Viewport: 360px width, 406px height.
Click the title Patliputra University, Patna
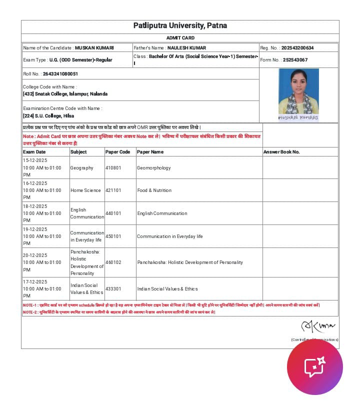(x=180, y=25)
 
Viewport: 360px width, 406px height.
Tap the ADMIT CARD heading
(x=180, y=38)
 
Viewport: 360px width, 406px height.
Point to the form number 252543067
(x=295, y=60)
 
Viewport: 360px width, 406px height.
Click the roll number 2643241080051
(x=60, y=74)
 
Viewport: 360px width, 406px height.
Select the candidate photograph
(x=298, y=94)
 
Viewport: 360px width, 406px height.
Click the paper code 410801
(x=113, y=168)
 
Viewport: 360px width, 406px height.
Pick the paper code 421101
(x=113, y=190)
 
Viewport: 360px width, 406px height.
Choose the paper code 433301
(x=113, y=289)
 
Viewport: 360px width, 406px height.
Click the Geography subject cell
(x=81, y=168)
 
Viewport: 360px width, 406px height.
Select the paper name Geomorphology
(x=154, y=168)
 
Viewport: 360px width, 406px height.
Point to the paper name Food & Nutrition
(x=154, y=190)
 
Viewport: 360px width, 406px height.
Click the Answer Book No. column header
(x=281, y=152)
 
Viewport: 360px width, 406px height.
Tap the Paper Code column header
(x=118, y=152)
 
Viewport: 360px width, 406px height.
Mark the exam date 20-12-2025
(x=35, y=255)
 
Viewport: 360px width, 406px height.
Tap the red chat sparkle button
(x=315, y=367)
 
